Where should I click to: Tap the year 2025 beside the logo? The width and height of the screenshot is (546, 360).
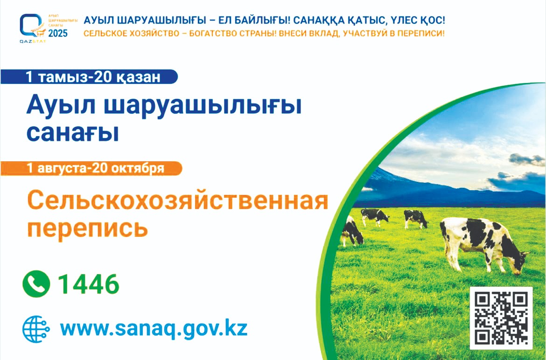click(58, 34)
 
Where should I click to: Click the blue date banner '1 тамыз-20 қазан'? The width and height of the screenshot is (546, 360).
click(89, 77)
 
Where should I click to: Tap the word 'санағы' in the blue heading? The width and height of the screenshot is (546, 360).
click(73, 132)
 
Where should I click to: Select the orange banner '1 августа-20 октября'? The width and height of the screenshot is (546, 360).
click(91, 168)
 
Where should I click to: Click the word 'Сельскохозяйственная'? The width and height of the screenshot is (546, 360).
click(178, 201)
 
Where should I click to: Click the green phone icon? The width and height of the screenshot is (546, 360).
click(36, 284)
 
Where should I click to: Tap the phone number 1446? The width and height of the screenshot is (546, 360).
click(89, 284)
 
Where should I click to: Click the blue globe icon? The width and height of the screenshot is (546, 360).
click(36, 329)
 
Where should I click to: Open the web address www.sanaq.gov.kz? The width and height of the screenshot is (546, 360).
click(154, 328)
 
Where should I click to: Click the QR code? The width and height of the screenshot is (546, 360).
click(501, 318)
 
